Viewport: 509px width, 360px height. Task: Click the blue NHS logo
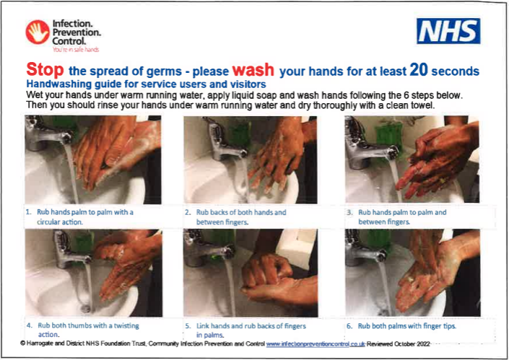tap(448, 31)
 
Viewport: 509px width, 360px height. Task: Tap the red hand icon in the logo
tap(38, 32)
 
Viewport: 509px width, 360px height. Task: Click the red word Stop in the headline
tap(45, 69)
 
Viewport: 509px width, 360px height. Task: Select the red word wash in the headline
tap(253, 69)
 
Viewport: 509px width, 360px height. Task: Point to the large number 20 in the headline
tap(419, 69)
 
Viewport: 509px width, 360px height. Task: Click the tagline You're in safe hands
tap(76, 50)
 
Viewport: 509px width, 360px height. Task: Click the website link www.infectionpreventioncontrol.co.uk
tap(316, 344)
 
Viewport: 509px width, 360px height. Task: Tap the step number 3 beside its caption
tap(349, 212)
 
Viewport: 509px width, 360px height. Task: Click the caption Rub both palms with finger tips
tap(407, 326)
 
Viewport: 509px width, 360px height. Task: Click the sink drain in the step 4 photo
tap(85, 308)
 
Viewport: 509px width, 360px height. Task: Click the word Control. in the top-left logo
tap(69, 41)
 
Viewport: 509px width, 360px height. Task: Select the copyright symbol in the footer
tap(22, 343)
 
